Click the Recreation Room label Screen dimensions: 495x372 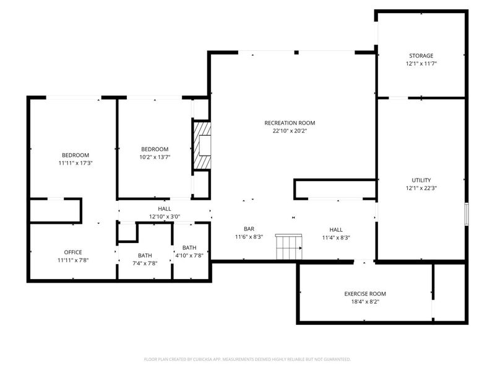pos(290,123)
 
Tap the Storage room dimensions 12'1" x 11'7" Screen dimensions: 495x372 pos(421,64)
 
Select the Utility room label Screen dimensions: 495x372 pos(421,180)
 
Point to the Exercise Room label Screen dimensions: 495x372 pos(365,294)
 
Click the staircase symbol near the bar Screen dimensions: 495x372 pos(289,247)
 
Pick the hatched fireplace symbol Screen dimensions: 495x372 pos(202,145)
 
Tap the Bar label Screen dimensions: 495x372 pos(249,229)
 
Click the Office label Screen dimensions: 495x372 pos(73,252)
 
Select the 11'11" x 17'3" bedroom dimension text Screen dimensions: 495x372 pos(75,163)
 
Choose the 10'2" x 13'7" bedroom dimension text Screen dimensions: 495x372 pos(155,157)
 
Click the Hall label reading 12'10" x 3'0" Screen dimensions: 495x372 pos(165,213)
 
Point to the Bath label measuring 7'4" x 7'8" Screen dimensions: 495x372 pos(145,259)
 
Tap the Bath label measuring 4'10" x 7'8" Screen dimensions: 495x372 pos(189,252)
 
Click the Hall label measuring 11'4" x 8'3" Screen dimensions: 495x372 pos(336,234)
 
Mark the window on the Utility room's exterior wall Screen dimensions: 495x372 pos(467,214)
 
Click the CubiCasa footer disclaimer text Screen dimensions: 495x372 pos(247,360)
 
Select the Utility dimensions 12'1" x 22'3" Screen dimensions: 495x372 pos(421,188)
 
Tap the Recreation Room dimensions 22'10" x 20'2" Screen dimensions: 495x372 pos(290,131)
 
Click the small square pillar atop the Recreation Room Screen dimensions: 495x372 pos(296,53)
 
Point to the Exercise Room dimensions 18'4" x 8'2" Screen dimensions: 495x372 pos(365,302)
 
